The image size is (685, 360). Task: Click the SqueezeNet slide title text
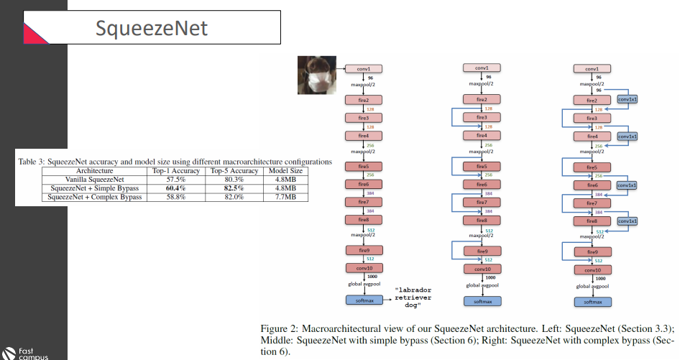152,28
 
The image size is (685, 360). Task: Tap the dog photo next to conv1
317,75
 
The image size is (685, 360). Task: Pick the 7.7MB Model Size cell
286,196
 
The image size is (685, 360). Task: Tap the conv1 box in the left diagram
363,68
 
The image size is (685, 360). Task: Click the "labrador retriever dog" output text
418,297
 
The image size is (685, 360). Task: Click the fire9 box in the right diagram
592,252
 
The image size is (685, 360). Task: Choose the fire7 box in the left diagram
363,203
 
